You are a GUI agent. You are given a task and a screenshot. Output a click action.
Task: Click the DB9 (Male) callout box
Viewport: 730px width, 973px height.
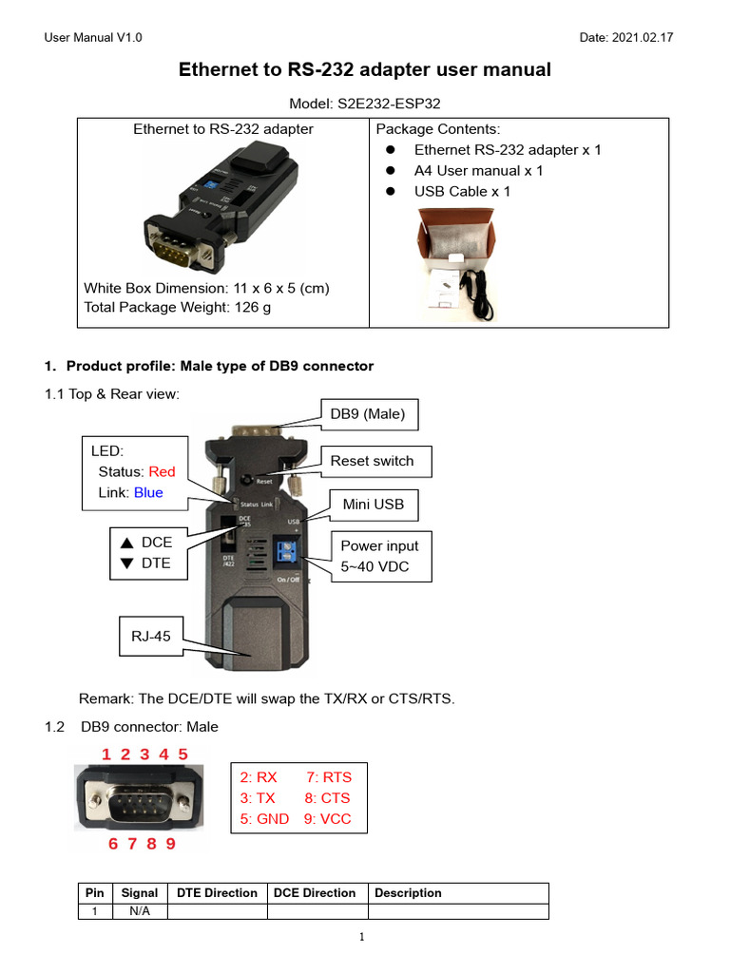(x=367, y=413)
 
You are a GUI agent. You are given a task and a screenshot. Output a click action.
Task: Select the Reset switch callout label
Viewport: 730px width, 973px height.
(x=372, y=461)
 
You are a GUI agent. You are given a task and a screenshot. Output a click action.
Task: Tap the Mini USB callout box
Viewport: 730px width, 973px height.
(x=374, y=504)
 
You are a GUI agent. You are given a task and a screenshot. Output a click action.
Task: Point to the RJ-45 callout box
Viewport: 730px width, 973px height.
(x=151, y=637)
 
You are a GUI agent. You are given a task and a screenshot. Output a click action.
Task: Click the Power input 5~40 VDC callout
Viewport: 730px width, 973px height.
(x=379, y=557)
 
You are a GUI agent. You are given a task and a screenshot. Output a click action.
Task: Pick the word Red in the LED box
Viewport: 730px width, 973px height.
(x=163, y=471)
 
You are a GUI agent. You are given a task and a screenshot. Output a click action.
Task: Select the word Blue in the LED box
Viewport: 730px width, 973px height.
(x=148, y=492)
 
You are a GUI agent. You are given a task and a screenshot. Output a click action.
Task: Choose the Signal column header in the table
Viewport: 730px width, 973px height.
(x=140, y=893)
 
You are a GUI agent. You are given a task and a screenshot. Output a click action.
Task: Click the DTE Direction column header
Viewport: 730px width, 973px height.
(x=218, y=893)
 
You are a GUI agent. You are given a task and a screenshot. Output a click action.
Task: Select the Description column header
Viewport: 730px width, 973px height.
(x=408, y=893)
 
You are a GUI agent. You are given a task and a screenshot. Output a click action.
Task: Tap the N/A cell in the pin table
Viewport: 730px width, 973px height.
(x=140, y=911)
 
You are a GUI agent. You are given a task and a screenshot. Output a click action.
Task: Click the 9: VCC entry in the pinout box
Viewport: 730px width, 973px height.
(x=327, y=818)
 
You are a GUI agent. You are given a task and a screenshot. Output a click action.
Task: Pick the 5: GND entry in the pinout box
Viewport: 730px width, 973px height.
(x=264, y=818)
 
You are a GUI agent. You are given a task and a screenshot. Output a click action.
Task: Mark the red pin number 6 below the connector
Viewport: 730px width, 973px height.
(x=113, y=843)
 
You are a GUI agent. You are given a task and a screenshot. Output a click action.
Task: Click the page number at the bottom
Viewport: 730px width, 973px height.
(x=362, y=938)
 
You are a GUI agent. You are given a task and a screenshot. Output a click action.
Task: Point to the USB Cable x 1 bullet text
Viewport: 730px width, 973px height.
(x=462, y=191)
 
